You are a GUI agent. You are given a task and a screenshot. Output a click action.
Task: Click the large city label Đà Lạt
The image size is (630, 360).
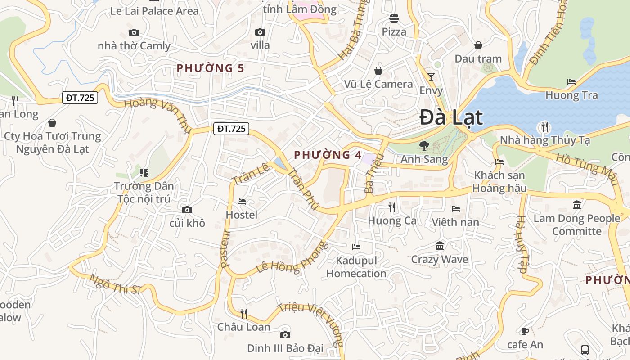451,118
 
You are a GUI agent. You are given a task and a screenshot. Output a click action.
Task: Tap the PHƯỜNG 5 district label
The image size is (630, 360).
210,68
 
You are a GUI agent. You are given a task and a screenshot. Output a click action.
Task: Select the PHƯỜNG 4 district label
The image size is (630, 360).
328,155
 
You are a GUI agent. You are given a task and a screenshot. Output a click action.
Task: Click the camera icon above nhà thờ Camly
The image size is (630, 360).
134,32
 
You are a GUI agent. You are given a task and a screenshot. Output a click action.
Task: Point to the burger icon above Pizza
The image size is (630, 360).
394,18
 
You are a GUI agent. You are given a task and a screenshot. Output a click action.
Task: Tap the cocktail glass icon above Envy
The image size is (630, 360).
431,77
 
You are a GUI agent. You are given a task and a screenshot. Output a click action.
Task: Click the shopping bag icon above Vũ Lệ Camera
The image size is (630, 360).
378,71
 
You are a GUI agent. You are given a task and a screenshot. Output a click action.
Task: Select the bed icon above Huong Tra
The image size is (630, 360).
571,82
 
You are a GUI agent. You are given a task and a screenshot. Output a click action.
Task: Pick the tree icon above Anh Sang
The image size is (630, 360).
424,145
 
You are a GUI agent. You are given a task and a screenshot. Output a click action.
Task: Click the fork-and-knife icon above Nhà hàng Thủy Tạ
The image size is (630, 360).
544,127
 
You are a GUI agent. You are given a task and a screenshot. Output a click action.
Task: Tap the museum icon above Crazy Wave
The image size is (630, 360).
440,246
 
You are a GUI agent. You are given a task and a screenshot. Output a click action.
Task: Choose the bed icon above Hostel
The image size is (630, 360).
242,202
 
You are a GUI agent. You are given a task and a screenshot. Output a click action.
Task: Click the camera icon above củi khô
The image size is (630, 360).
187,210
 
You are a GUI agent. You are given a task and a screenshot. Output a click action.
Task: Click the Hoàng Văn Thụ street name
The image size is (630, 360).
157,113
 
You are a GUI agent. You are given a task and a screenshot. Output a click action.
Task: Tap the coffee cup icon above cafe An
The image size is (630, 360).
525,331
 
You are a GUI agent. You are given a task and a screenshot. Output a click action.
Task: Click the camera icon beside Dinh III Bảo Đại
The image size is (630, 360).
285,335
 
